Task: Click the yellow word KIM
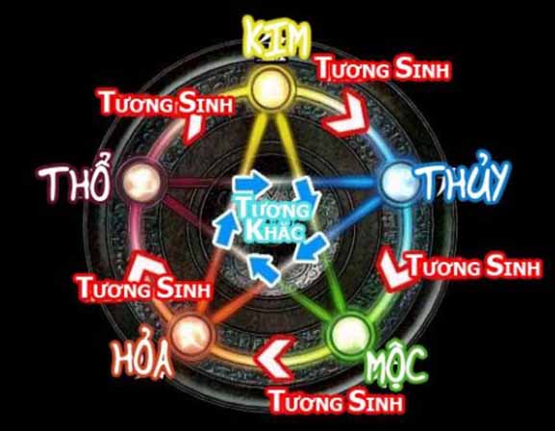[277, 37]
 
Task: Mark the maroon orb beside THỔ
[141, 182]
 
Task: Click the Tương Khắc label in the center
[272, 218]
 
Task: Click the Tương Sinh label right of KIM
[384, 69]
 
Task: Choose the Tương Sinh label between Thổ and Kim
[166, 103]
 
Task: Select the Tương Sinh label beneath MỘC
[337, 401]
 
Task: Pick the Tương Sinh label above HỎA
[144, 288]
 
